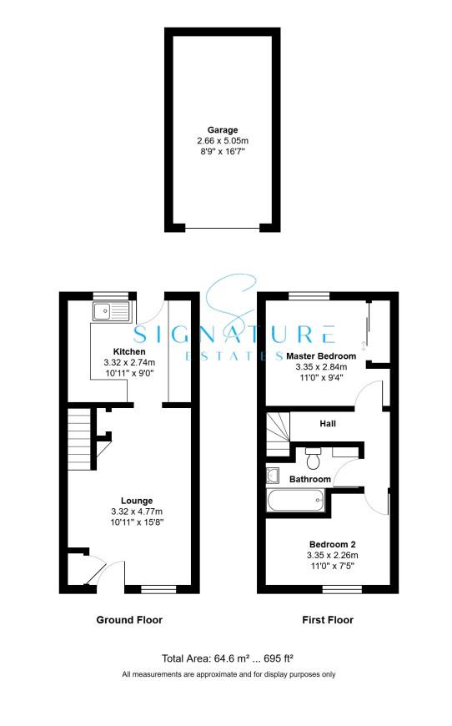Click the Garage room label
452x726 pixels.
point(223,130)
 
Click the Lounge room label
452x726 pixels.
point(129,501)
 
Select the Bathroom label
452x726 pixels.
point(310,480)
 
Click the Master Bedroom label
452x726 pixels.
point(321,356)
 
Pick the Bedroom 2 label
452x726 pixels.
point(321,542)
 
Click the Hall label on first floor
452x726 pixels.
point(329,424)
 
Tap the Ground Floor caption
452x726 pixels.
point(129,620)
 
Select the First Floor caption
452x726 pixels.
point(326,620)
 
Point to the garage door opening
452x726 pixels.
point(222,228)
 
